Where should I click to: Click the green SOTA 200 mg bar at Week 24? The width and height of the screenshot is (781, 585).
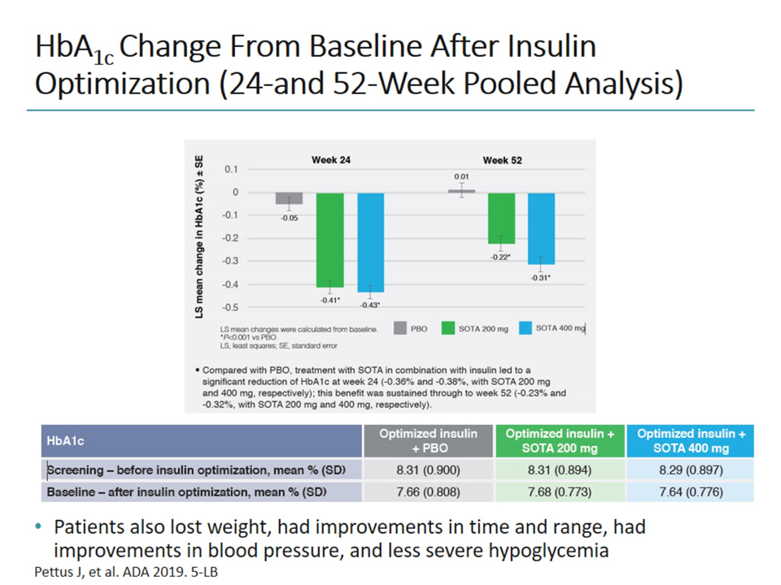pyautogui.click(x=329, y=240)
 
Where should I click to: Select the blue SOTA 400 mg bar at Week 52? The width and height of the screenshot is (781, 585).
pyautogui.click(x=541, y=228)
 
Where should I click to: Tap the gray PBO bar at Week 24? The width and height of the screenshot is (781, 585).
pyautogui.click(x=288, y=198)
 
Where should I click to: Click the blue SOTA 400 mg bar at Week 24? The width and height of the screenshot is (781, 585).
pyautogui.click(x=370, y=242)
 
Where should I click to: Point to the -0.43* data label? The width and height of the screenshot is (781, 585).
pyautogui.click(x=371, y=305)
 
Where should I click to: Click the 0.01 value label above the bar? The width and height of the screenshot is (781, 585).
pyautogui.click(x=461, y=175)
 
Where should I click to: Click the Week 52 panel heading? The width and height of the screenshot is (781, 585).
pyautogui.click(x=502, y=160)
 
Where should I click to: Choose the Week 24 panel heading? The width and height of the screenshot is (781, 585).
pyautogui.click(x=331, y=160)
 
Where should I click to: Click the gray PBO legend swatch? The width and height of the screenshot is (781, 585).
pyautogui.click(x=400, y=328)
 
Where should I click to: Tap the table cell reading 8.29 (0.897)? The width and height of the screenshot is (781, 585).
pyautogui.click(x=691, y=470)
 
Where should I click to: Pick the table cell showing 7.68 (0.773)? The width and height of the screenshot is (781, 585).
pyautogui.click(x=561, y=492)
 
